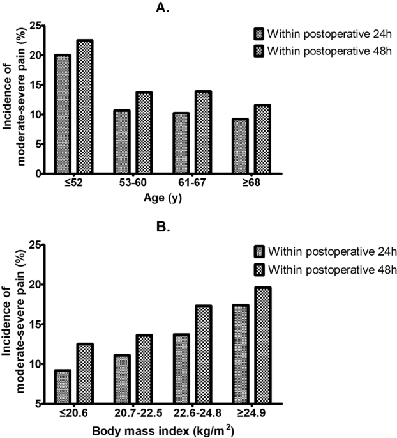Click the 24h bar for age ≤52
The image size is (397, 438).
(x=63, y=114)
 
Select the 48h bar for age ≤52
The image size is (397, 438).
(x=84, y=107)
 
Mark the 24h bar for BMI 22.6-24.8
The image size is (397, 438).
(x=182, y=368)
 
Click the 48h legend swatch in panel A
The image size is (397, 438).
(x=258, y=50)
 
